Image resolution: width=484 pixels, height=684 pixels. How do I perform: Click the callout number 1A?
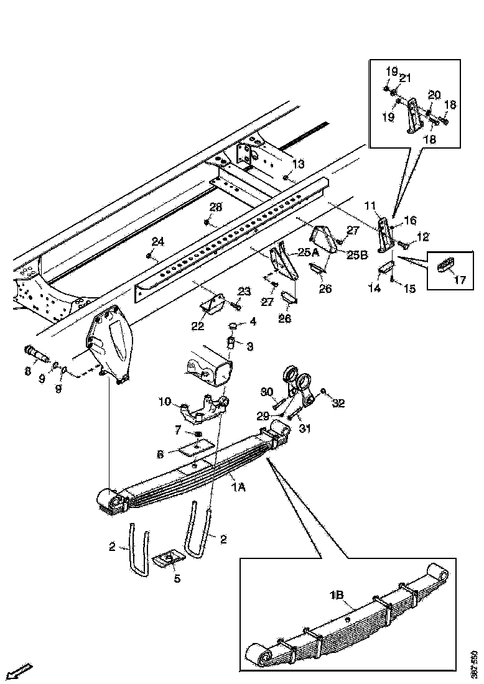coord(238,488)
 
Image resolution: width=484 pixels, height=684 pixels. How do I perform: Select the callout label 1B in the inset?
coord(337,595)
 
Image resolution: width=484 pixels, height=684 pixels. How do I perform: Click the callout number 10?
coord(165,402)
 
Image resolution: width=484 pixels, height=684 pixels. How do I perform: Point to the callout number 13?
coord(299,164)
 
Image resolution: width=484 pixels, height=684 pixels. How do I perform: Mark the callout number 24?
coord(158,241)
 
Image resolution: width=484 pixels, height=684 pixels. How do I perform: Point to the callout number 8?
coord(27,372)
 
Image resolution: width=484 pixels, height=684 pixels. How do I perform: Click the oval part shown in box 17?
coord(444,264)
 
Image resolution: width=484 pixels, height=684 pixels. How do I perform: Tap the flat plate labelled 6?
coord(195,448)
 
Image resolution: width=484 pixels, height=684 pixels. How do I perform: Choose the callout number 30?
coord(267,392)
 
